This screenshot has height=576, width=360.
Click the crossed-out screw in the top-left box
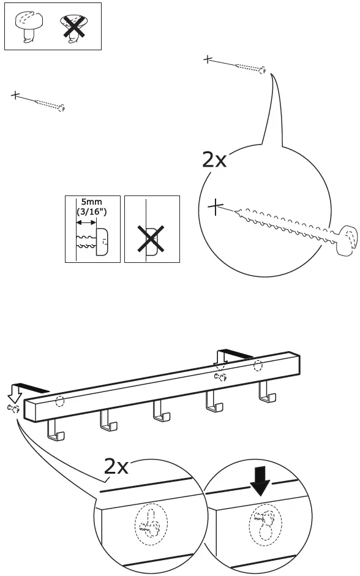click(x=74, y=28)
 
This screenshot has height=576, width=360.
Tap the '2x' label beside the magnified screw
click(x=214, y=160)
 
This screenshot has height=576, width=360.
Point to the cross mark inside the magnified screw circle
click(x=215, y=207)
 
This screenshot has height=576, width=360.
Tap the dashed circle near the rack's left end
click(x=59, y=402)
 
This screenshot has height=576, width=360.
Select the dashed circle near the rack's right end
click(x=258, y=366)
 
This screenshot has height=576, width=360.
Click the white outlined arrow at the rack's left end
click(x=13, y=391)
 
